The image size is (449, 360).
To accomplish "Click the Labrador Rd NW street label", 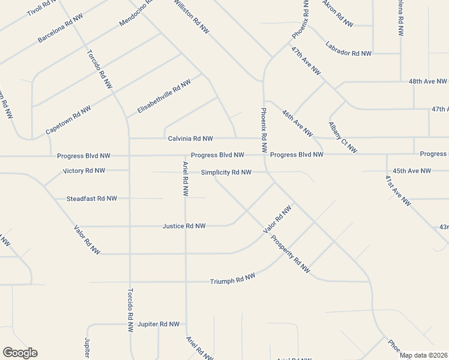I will pyautogui.click(x=349, y=49).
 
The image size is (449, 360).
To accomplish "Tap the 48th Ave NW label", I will pyautogui.click(x=427, y=80).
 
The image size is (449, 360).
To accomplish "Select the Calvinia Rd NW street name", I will pyautogui.click(x=190, y=139).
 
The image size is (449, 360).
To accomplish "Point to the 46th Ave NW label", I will pyautogui.click(x=297, y=122).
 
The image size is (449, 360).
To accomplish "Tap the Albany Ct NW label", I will pyautogui.click(x=343, y=137).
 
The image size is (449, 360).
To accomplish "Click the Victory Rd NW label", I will pyautogui.click(x=84, y=170).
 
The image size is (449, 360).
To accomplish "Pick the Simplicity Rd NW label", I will pyautogui.click(x=226, y=173).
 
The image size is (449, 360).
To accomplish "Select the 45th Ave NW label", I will pyautogui.click(x=412, y=171).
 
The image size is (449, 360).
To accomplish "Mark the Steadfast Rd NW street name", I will pyautogui.click(x=92, y=198).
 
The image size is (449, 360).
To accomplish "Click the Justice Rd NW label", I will pyautogui.click(x=184, y=226).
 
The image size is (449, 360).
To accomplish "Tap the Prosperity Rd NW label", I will pyautogui.click(x=290, y=253).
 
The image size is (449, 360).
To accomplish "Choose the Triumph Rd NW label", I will pyautogui.click(x=232, y=279).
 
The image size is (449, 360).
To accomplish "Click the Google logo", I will pyautogui.click(x=20, y=353).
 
